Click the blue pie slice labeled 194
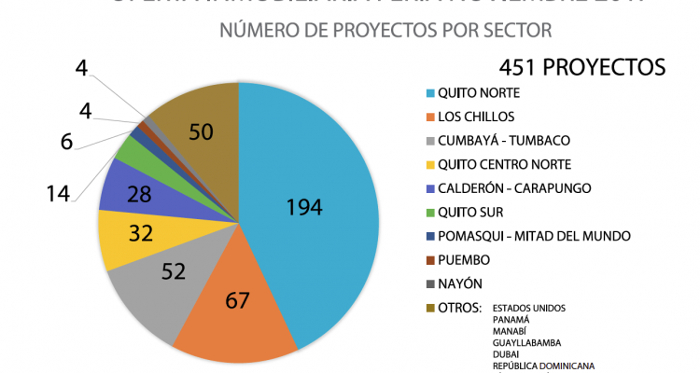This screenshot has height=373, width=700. click(308, 210)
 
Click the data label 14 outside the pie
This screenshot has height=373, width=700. click(58, 194)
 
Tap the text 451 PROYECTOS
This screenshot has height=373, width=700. click(581, 67)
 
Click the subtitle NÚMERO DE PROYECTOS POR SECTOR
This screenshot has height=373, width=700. click(385, 30)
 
